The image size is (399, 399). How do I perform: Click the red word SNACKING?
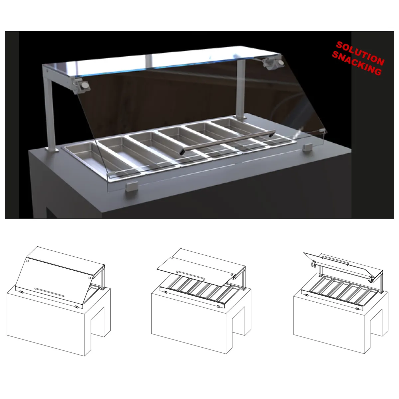(356, 65)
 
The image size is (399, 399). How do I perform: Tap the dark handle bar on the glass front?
(226, 141)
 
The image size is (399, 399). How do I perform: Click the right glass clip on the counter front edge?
(307, 147)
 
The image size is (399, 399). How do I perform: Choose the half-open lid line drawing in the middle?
(201, 299)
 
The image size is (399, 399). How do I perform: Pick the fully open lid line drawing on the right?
(341, 299)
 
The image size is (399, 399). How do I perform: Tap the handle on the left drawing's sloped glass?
(49, 292)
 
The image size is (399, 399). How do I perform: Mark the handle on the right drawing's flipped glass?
(335, 260)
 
